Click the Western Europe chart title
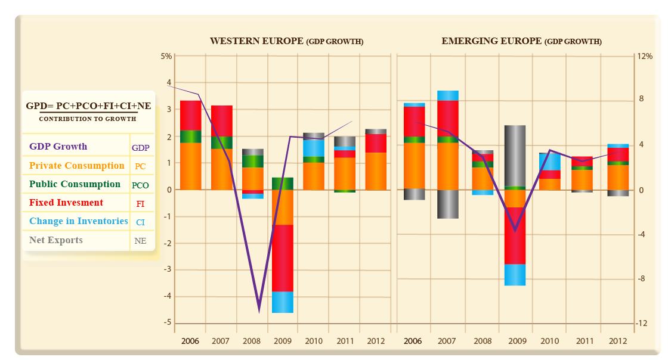click(x=286, y=41)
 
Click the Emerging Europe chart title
click(x=521, y=41)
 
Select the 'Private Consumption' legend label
click(x=76, y=166)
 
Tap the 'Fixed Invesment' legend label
click(x=66, y=203)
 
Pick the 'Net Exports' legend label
click(x=56, y=240)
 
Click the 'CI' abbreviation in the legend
click(x=140, y=222)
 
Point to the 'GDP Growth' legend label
click(x=58, y=147)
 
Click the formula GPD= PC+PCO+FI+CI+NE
click(x=88, y=106)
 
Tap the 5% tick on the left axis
click(x=166, y=56)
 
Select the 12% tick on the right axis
click(x=645, y=56)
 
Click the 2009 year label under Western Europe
click(x=282, y=341)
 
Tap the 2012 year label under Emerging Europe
click(x=618, y=341)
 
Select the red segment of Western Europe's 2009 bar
click(x=282, y=257)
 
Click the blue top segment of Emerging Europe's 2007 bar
click(x=447, y=95)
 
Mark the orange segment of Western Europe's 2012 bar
click(x=376, y=171)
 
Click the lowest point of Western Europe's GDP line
click(x=259, y=311)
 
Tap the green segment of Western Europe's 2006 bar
click(x=190, y=136)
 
